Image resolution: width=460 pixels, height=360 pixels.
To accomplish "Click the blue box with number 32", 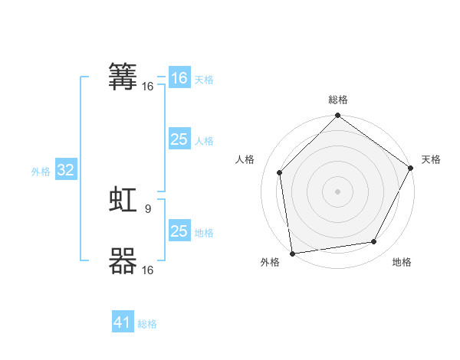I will tap(66, 171).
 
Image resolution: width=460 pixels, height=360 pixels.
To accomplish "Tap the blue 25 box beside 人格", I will tap(179, 139).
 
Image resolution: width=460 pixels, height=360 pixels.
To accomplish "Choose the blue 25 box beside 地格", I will tap(179, 231).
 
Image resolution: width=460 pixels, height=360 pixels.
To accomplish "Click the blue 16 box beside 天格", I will tap(179, 78).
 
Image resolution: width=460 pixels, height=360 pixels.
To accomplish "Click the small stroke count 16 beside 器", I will tap(147, 270).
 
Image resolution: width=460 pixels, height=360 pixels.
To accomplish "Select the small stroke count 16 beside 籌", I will tap(147, 86).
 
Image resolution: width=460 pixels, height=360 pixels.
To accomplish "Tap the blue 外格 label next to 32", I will tap(41, 172).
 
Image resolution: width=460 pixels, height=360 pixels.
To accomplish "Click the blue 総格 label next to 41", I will tap(147, 324).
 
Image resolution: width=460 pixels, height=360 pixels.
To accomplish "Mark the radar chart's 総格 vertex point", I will tap(337, 116).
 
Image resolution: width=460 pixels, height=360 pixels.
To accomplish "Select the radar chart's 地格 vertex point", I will tap(374, 242).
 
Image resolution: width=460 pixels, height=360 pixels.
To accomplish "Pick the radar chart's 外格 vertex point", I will tap(292, 253).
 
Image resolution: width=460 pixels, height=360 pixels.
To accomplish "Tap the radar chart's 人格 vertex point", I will tap(280, 172).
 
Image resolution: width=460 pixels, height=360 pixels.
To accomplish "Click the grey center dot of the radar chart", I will tap(337, 191).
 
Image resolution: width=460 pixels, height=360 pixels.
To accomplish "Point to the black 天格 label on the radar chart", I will tap(431, 160).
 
